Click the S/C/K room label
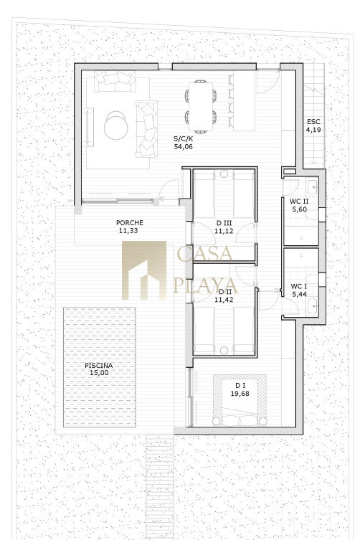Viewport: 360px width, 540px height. [183, 139]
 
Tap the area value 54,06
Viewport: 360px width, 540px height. [184, 147]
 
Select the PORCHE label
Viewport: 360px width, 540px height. [130, 223]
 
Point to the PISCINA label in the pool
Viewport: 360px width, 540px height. [99, 366]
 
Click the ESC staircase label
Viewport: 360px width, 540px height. [313, 122]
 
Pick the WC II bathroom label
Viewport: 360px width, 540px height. [299, 202]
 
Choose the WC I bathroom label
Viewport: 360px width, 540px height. [298, 287]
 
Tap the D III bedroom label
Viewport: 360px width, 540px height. [224, 223]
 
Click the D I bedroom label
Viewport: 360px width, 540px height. [240, 386]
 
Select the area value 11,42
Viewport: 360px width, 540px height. [224, 300]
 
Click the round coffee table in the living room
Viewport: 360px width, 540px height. [116, 125]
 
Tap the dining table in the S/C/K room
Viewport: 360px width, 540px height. [201, 106]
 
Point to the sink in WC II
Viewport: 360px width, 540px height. [313, 187]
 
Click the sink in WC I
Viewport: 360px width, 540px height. [313, 305]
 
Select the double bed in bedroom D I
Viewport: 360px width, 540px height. [240, 400]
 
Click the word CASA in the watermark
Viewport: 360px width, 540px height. [205, 253]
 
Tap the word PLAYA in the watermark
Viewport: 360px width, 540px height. [205, 285]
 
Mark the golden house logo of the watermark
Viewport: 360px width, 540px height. [144, 270]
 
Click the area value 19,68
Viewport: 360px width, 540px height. [240, 394]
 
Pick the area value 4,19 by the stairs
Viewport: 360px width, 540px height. [313, 130]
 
